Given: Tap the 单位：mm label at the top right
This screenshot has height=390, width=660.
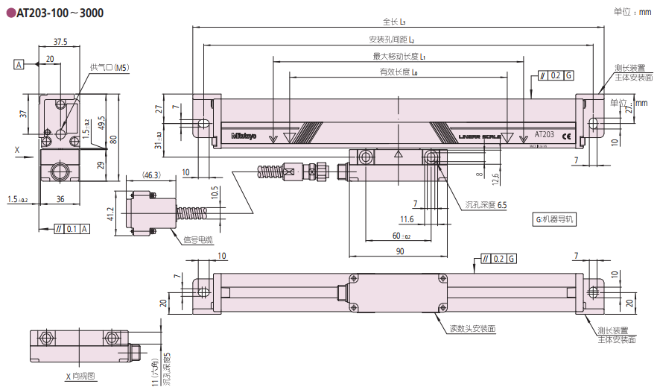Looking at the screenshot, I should click(x=632, y=12).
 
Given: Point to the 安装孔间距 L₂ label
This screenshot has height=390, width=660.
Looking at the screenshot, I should click(x=391, y=40).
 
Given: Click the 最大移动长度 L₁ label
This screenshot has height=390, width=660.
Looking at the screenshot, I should click(x=399, y=56).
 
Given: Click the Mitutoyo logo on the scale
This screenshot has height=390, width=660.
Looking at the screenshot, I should click(x=244, y=136).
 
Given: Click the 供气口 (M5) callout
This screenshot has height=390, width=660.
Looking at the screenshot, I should click(x=110, y=67).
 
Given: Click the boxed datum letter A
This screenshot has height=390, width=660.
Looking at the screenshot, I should click(x=18, y=65).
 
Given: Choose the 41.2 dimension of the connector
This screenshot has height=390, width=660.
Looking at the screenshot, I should click(x=111, y=215).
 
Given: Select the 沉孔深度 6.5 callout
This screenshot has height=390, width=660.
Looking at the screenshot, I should click(x=486, y=204).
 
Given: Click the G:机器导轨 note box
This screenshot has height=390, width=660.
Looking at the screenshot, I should click(x=555, y=220).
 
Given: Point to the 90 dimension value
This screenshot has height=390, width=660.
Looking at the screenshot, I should click(x=400, y=251).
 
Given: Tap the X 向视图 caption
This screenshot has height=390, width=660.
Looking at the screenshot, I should click(x=80, y=376).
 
